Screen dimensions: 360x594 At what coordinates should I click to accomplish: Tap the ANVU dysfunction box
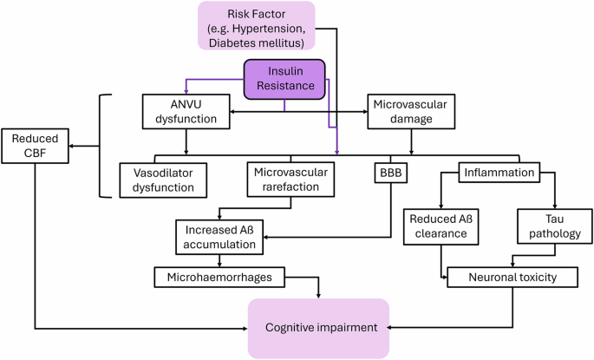(x=186, y=112)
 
